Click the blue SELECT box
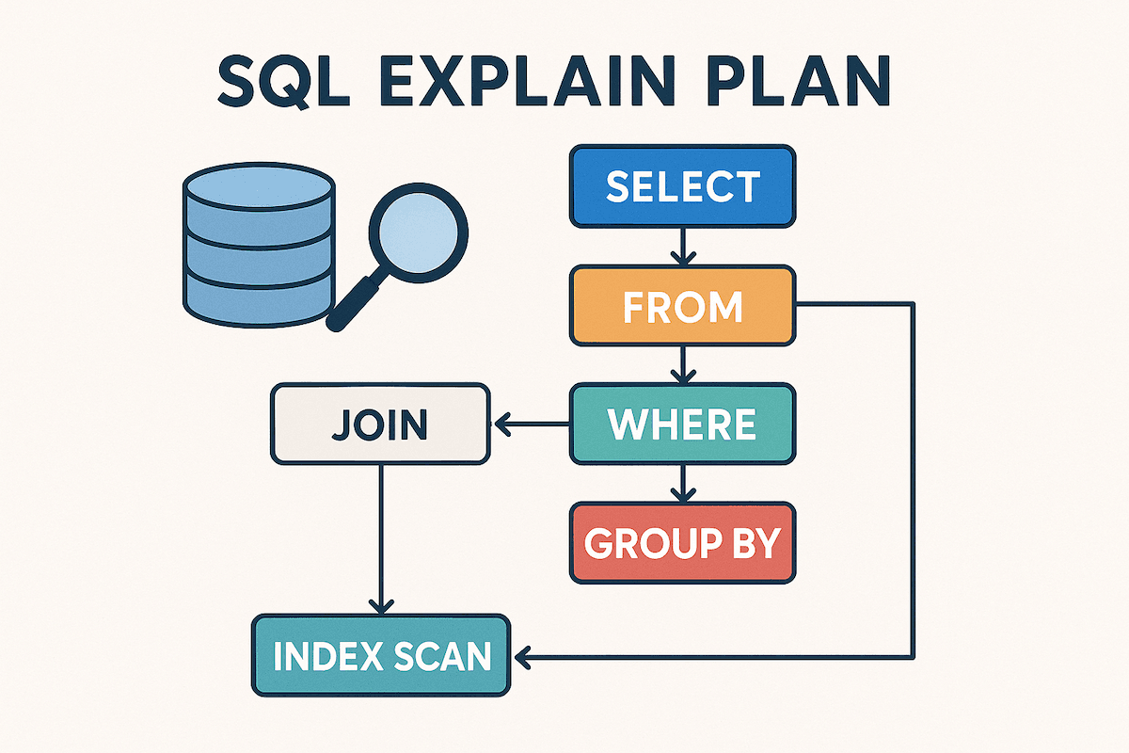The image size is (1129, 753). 682,186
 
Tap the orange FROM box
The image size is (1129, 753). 682,307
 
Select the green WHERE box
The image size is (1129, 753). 682,425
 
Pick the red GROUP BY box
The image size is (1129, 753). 682,543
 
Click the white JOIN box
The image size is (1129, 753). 380,425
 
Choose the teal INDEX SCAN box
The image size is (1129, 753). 380,655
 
